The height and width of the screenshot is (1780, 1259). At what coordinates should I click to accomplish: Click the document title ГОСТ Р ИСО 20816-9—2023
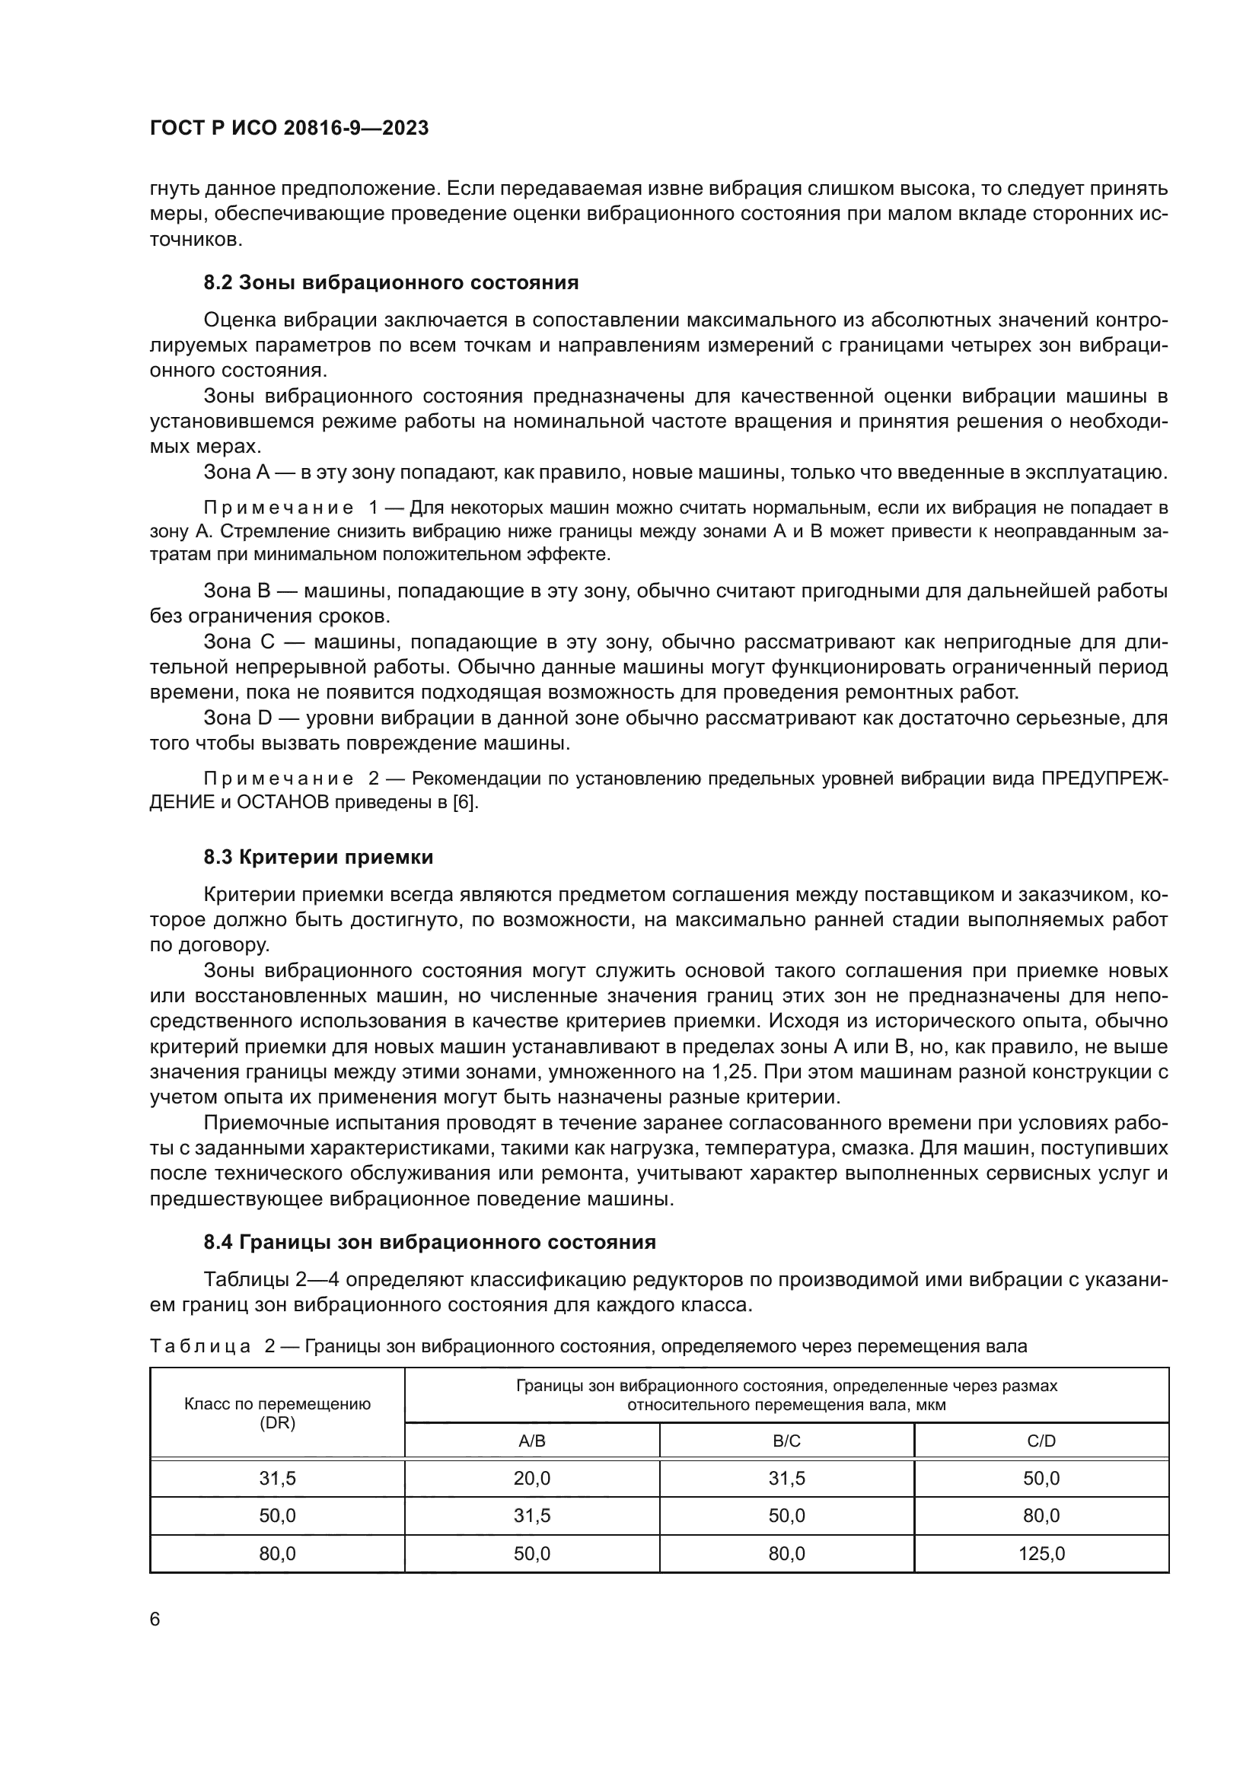(x=288, y=129)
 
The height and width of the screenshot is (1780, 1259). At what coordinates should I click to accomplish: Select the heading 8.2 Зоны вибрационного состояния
(x=390, y=283)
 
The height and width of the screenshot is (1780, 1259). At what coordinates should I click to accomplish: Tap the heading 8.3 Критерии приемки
(x=318, y=858)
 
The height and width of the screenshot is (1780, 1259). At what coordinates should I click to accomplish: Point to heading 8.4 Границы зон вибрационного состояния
(x=429, y=1242)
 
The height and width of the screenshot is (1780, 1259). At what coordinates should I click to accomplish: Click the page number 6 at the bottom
(x=155, y=1619)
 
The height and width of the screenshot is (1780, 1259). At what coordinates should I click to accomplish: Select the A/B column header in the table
(x=532, y=1441)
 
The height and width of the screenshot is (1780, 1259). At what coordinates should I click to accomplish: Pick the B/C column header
(x=786, y=1441)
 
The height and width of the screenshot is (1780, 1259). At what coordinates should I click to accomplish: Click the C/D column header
(x=1041, y=1441)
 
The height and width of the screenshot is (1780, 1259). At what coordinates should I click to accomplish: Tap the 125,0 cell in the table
(x=1041, y=1554)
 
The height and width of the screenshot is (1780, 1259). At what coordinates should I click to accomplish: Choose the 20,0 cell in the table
(x=532, y=1479)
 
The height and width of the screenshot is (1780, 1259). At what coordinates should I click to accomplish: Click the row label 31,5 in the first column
(x=277, y=1479)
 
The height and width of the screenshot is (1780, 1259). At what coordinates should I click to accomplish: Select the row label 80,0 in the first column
(x=277, y=1554)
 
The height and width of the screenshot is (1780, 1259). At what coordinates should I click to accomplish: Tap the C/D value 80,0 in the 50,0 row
(x=1041, y=1516)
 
